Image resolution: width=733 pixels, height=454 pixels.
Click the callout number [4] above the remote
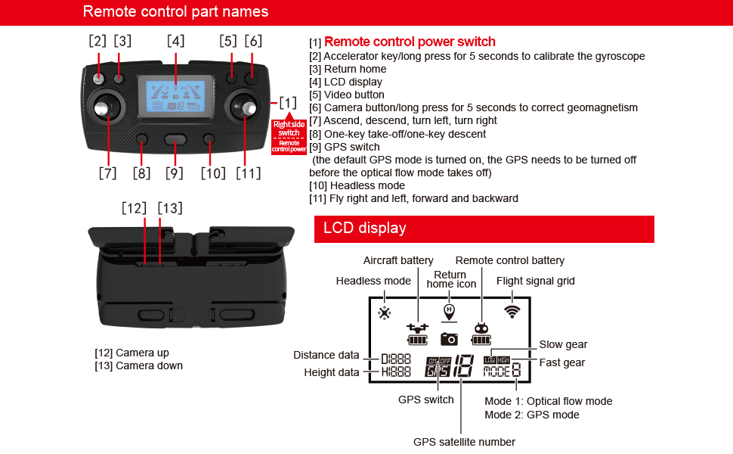pos(175,41)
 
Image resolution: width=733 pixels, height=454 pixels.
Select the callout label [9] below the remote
pos(175,173)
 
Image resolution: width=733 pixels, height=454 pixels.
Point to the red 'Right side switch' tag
pos(289,128)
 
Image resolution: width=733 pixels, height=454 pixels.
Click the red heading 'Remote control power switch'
pos(410,42)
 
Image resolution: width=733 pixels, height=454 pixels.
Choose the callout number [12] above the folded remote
pos(135,208)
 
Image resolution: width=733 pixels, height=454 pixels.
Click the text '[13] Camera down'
pos(138,365)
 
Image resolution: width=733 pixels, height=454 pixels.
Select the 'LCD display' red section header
pos(365,229)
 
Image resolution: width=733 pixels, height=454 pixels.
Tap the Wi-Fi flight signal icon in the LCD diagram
pos(512,310)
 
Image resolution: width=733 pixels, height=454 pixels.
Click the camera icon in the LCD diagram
pos(450,339)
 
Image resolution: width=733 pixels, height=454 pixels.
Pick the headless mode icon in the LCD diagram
pos(385,312)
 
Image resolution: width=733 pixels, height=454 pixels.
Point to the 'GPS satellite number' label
pos(464,442)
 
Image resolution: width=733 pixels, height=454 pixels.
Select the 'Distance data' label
pos(326,355)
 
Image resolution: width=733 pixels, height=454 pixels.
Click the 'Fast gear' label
pos(561,362)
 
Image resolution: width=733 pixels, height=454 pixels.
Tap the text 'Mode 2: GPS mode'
pos(532,415)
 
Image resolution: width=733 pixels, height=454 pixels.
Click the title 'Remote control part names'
pos(175,11)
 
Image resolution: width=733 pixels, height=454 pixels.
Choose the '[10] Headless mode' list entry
pos(357,185)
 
